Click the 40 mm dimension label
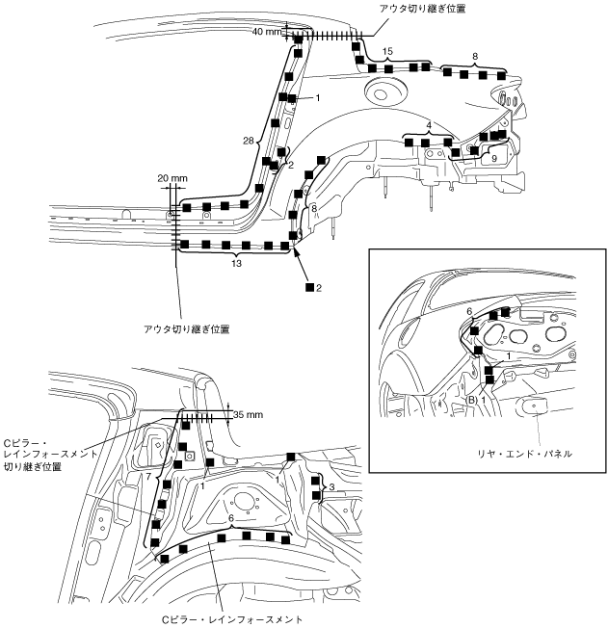click(267, 31)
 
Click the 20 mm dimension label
click(172, 178)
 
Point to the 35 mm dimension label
click(248, 414)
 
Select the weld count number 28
click(249, 141)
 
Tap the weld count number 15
click(387, 51)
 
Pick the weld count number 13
click(236, 264)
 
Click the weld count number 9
click(494, 159)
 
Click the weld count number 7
click(148, 477)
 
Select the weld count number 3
click(331, 487)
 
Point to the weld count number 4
click(429, 125)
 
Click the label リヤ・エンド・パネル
click(524, 454)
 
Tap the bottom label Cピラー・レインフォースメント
click(232, 620)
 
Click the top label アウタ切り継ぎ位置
click(423, 9)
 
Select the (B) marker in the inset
click(472, 400)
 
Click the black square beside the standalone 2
click(309, 287)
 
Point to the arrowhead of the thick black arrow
click(295, 249)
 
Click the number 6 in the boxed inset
click(469, 311)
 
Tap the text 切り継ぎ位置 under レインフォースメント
click(33, 466)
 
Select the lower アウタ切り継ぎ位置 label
click(186, 329)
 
